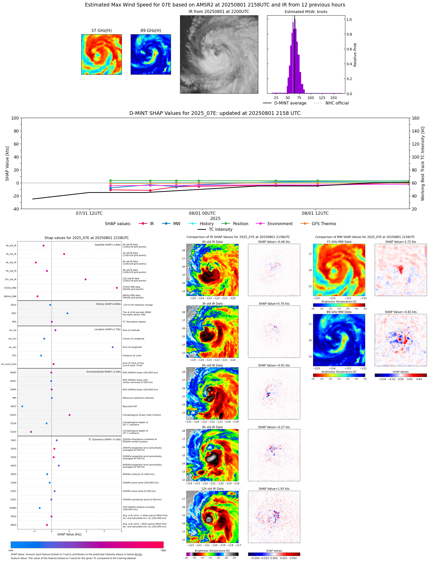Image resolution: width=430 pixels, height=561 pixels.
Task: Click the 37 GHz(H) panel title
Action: [x=101, y=31]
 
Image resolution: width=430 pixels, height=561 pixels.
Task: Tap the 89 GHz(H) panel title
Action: [x=151, y=31]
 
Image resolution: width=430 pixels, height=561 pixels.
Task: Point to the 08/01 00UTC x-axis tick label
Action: [x=202, y=213]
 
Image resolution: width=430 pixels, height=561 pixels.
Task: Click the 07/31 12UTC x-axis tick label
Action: [x=89, y=213]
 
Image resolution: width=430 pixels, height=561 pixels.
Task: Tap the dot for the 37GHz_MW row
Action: [x=117, y=288]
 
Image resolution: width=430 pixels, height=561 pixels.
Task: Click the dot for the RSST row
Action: [x=22, y=406]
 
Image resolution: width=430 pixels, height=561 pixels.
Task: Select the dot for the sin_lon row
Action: [x=113, y=347]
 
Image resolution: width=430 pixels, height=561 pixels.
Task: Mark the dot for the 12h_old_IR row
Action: [x=85, y=279]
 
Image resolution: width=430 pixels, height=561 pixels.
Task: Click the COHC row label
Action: [x=13, y=415]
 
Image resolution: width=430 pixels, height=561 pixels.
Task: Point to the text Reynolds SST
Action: [x=130, y=406]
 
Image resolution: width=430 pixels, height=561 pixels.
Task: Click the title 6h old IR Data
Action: [x=212, y=366]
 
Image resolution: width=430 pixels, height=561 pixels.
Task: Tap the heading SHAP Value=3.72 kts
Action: [x=400, y=242]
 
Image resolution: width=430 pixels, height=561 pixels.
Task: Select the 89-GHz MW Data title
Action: [x=339, y=312]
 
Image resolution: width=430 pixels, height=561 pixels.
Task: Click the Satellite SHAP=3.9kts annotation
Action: [x=108, y=245]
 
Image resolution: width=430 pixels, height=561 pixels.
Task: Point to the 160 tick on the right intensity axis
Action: [x=415, y=118]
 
